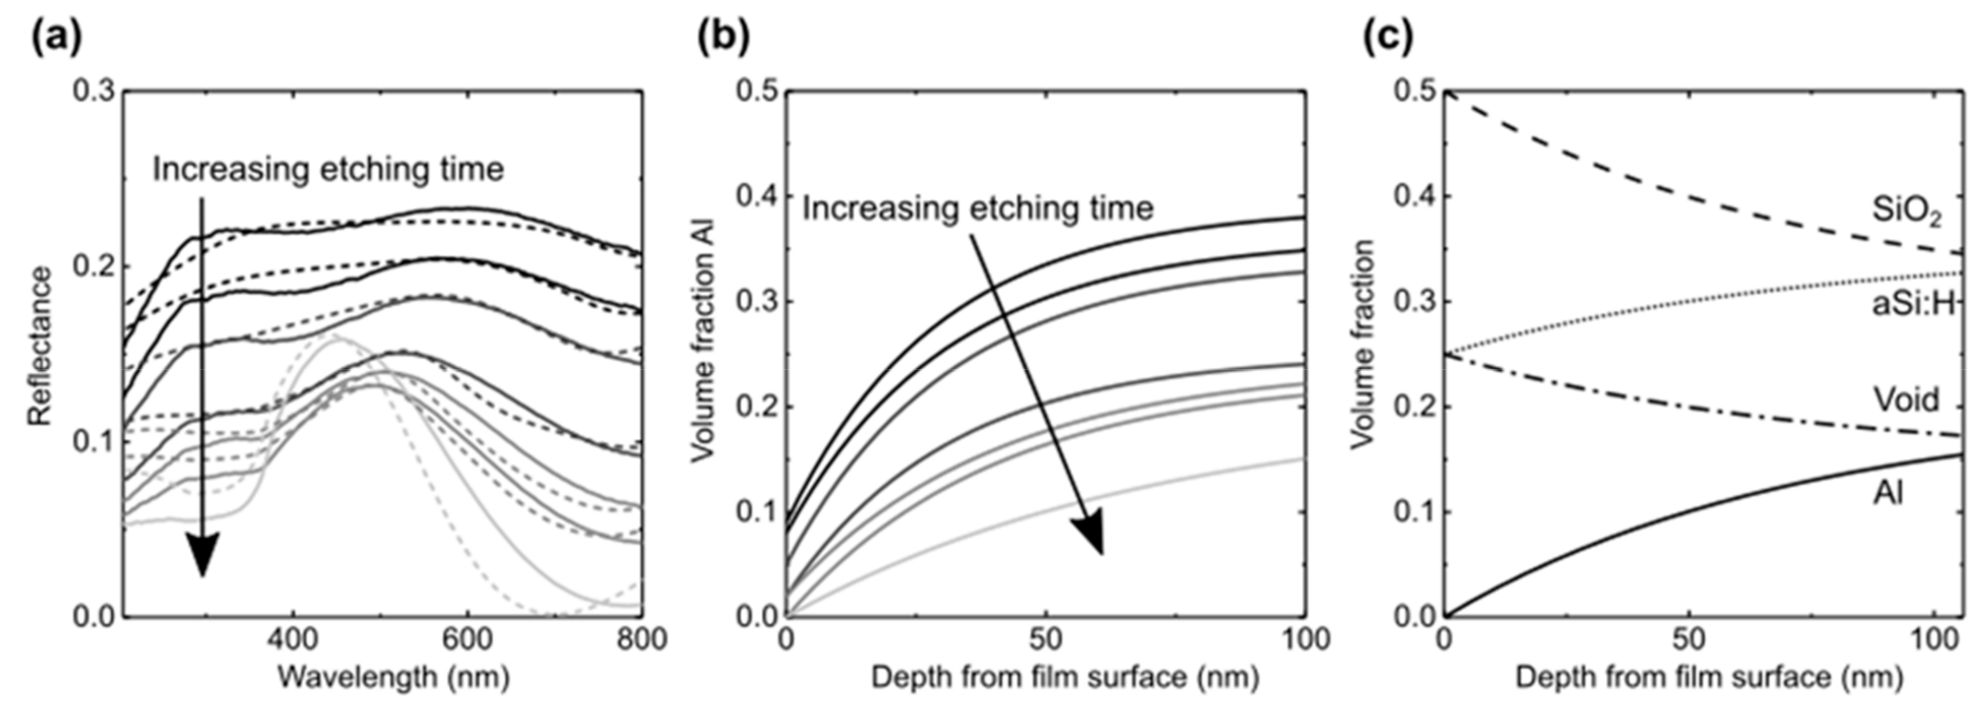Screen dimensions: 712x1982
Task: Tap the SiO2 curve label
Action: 1907,211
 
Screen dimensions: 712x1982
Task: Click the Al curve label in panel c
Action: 1888,492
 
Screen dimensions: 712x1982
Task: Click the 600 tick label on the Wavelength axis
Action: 467,640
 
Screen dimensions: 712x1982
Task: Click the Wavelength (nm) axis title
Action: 393,677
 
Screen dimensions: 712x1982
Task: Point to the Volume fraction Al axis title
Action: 702,341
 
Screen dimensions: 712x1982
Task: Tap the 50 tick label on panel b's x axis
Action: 1045,640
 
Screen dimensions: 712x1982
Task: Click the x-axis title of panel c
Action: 1708,677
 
